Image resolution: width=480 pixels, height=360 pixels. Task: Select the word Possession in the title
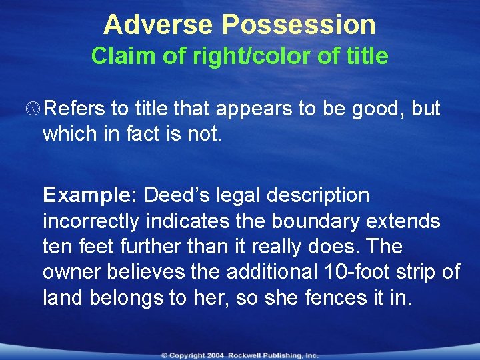(299, 25)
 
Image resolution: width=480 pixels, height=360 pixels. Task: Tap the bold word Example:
(90, 195)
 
